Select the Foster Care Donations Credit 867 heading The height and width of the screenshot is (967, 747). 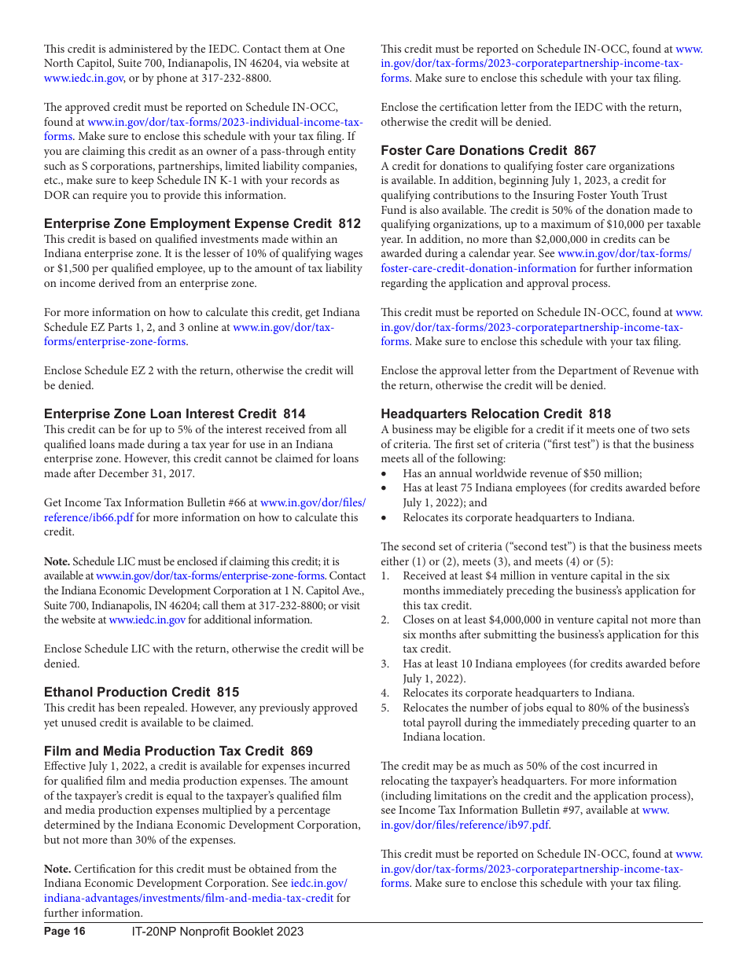(x=488, y=150)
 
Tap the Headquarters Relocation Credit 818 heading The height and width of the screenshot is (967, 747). (x=495, y=414)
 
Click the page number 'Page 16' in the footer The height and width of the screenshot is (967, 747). (x=64, y=932)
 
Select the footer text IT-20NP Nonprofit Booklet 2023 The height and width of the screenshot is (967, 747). (x=217, y=932)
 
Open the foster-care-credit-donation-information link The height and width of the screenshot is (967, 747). (x=478, y=268)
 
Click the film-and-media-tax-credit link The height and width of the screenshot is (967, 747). (x=189, y=898)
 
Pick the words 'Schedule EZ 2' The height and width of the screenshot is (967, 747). (x=115, y=370)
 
